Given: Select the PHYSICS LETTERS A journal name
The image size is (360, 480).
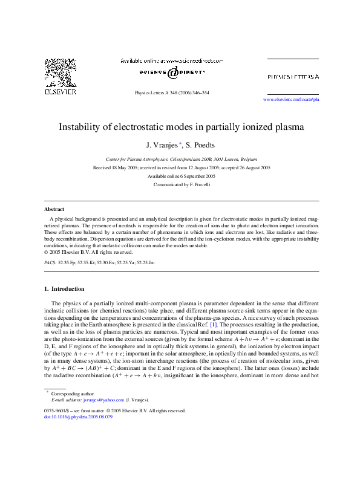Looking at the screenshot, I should [293, 77].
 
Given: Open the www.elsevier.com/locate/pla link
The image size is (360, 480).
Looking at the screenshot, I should [291, 99].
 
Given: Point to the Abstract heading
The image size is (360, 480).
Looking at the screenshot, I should [55, 208].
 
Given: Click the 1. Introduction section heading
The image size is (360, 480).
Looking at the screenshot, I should [68, 290].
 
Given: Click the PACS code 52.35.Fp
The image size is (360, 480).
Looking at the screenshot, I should [68, 264].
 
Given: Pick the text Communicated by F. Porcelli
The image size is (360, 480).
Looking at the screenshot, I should [181, 184].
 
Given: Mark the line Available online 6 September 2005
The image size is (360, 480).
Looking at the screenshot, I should [181, 176].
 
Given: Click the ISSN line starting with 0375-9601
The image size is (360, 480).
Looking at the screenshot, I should [114, 410].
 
